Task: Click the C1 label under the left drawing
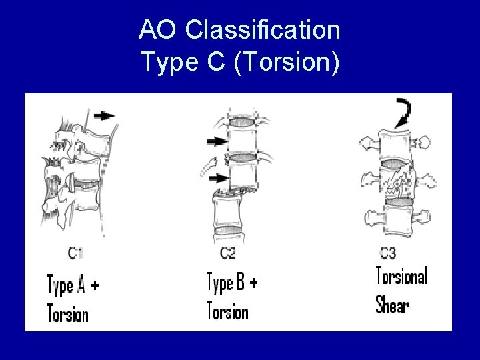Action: pos(75,252)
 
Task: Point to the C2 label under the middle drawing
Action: pos(227,252)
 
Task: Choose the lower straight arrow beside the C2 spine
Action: pos(217,179)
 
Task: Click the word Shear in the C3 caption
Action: pos(393,305)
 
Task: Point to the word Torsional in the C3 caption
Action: pos(401,276)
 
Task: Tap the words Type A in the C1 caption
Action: pos(66,285)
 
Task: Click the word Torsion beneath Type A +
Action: pos(67,312)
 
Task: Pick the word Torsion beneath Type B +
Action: pos(227,311)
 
